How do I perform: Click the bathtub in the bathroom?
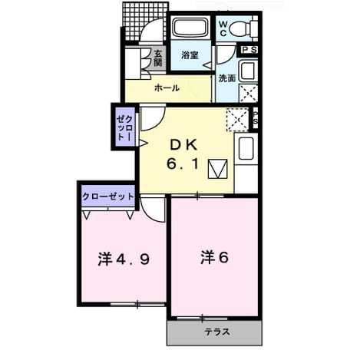click(191, 28)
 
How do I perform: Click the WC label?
click(223, 28)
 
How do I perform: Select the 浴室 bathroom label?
click(190, 55)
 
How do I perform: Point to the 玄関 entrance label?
click(158, 58)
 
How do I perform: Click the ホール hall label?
click(167, 88)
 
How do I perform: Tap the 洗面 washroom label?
click(227, 78)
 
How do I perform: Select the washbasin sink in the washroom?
click(248, 70)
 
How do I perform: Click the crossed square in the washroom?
click(248, 93)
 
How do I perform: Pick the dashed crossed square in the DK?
click(238, 120)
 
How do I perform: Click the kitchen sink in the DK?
click(246, 148)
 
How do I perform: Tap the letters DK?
click(183, 145)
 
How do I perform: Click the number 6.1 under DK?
click(183, 163)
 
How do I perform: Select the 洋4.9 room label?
click(124, 259)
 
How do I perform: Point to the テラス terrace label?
click(217, 332)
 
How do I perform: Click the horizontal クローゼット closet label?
click(108, 197)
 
